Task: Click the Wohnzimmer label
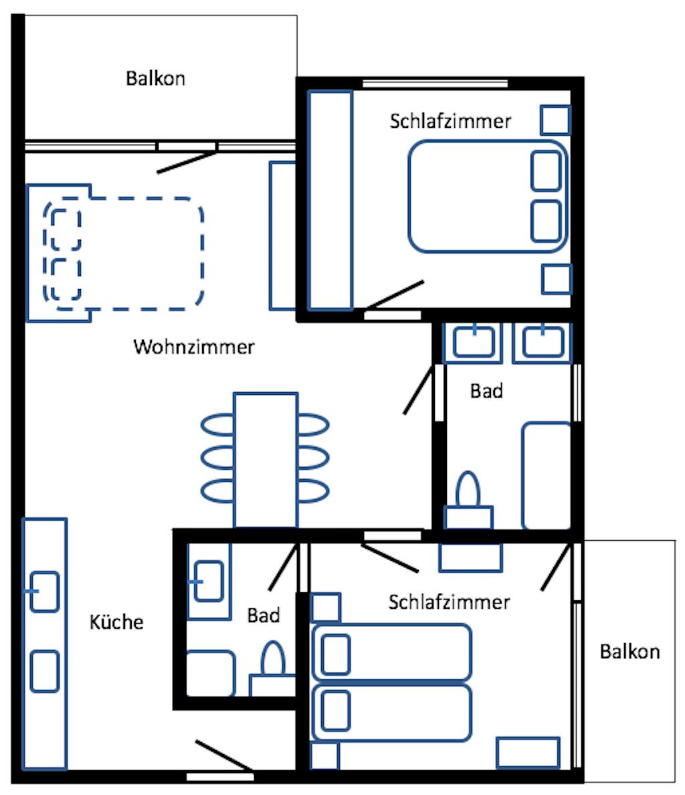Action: (x=193, y=347)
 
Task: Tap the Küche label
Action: (x=116, y=622)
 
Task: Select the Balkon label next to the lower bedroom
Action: (x=629, y=652)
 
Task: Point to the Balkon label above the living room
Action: (x=156, y=78)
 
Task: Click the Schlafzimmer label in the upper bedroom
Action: (x=450, y=121)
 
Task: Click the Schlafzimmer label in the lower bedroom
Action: (x=449, y=602)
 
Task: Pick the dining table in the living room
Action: (x=266, y=460)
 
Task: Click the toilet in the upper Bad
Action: (x=468, y=501)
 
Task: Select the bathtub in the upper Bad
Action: (x=547, y=476)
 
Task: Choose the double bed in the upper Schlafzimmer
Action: (x=488, y=196)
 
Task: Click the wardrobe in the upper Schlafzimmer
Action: (x=330, y=200)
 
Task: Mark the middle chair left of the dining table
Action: (x=218, y=458)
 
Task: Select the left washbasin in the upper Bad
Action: (x=474, y=341)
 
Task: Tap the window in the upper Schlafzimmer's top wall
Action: (x=435, y=83)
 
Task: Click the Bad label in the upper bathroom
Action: (x=486, y=391)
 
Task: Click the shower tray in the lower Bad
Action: (x=211, y=673)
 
